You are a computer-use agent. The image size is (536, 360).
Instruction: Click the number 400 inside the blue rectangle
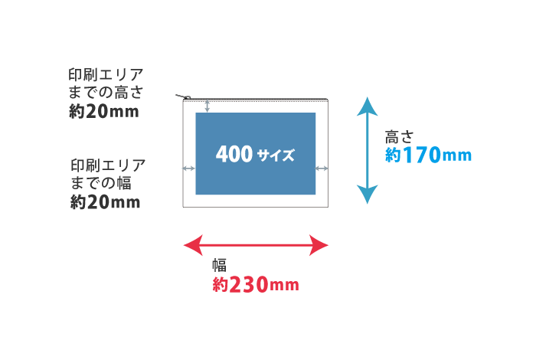pyautogui.click(x=234, y=154)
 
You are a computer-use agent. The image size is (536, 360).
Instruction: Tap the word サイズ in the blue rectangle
pyautogui.click(x=276, y=155)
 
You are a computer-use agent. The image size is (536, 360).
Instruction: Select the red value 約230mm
pyautogui.click(x=255, y=285)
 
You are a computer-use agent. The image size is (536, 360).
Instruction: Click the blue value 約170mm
pyautogui.click(x=428, y=155)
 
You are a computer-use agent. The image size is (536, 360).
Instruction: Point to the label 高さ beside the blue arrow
pyautogui.click(x=399, y=137)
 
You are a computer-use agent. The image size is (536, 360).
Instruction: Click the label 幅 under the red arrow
pyautogui.click(x=219, y=266)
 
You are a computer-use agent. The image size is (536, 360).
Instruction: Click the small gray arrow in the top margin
pyautogui.click(x=207, y=106)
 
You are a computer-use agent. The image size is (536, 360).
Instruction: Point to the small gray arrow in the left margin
pyautogui.click(x=188, y=168)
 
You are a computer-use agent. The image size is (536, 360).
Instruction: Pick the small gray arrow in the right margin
pyautogui.click(x=322, y=168)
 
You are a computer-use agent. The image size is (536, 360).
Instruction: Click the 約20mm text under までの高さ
pyautogui.click(x=104, y=112)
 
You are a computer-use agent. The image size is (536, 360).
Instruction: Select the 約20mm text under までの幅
pyautogui.click(x=106, y=202)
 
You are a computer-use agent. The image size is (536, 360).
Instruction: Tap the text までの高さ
pyautogui.click(x=106, y=93)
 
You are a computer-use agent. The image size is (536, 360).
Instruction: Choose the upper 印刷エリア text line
pyautogui.click(x=106, y=75)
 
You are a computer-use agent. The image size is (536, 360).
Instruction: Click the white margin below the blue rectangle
pyautogui.click(x=256, y=201)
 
